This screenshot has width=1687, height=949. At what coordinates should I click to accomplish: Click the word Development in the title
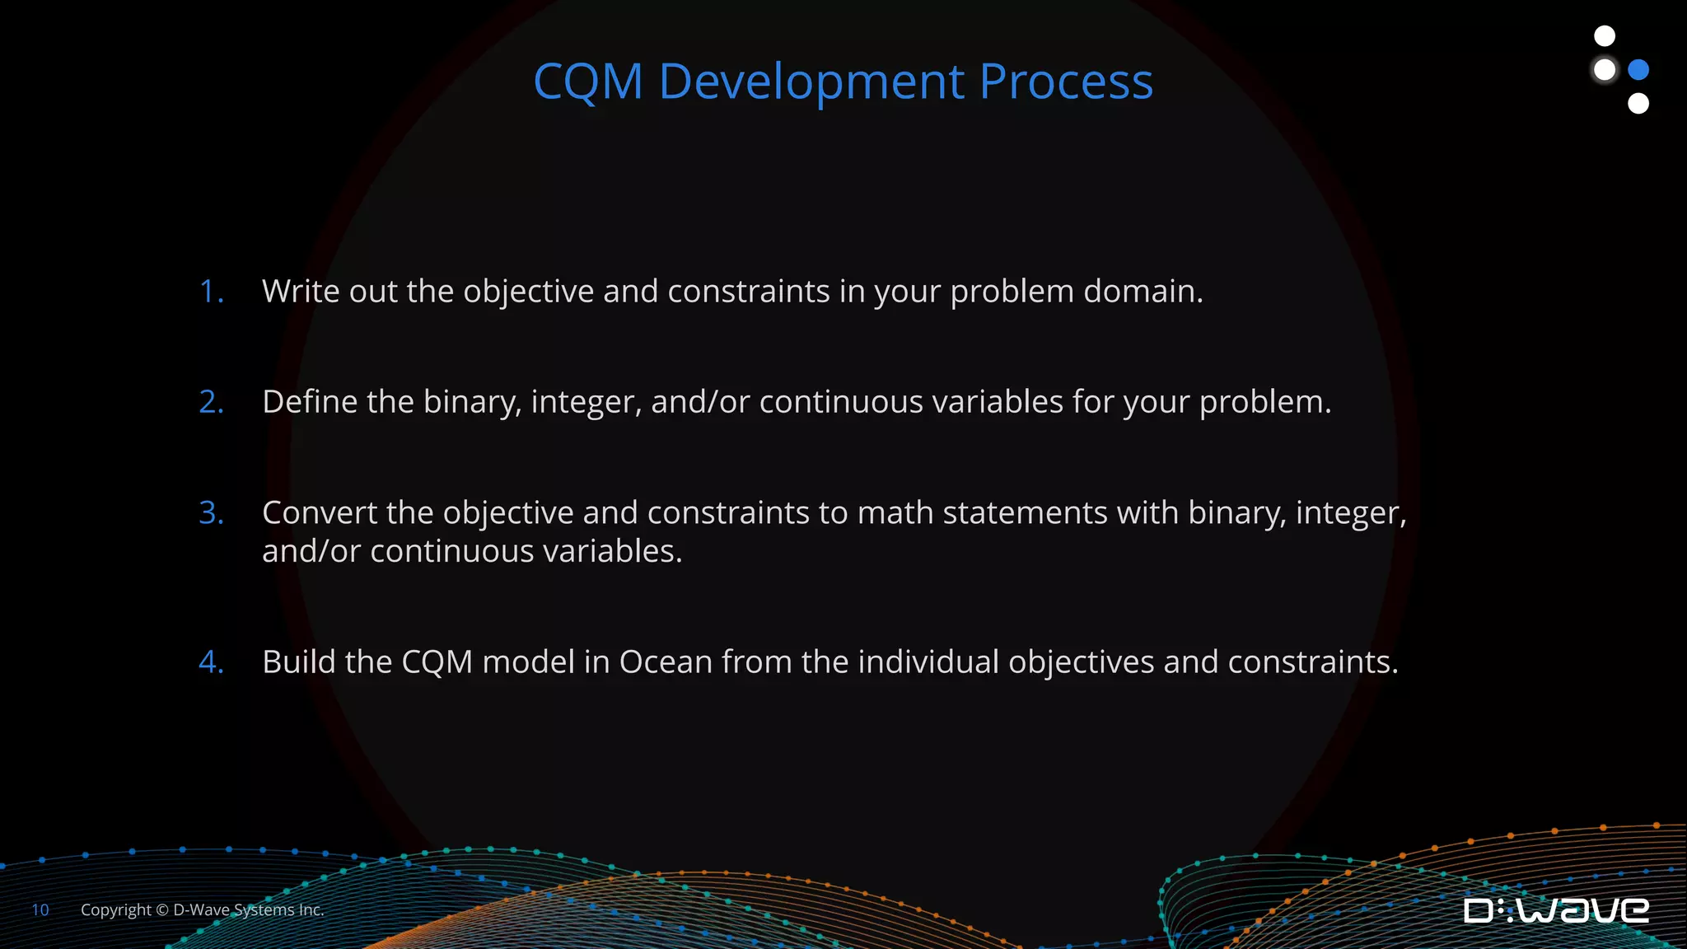pyautogui.click(x=811, y=82)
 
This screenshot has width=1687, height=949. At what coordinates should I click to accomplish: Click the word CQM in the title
pyautogui.click(x=587, y=82)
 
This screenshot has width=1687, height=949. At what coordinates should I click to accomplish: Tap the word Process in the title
pyautogui.click(x=1066, y=82)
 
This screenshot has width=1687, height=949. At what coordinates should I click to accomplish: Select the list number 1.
pyautogui.click(x=211, y=292)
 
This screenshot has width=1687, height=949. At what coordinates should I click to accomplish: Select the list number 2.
pyautogui.click(x=211, y=402)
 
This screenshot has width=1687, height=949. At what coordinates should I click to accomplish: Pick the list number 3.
pyautogui.click(x=211, y=513)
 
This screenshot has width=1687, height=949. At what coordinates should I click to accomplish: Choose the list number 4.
pyautogui.click(x=211, y=662)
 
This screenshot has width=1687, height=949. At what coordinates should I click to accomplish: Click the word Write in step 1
pyautogui.click(x=301, y=292)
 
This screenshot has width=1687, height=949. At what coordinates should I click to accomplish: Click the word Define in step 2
pyautogui.click(x=309, y=402)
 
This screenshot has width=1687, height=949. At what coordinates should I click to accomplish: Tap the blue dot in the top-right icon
pyautogui.click(x=1638, y=70)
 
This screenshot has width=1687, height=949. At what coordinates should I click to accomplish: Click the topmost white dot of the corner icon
pyautogui.click(x=1605, y=36)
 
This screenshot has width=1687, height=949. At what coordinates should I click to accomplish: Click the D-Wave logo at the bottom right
pyautogui.click(x=1556, y=910)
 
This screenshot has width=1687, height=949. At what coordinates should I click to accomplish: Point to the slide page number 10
pyautogui.click(x=40, y=910)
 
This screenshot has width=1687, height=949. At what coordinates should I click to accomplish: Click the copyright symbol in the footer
pyautogui.click(x=162, y=910)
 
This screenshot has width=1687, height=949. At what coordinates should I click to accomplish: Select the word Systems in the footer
pyautogui.click(x=264, y=910)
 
